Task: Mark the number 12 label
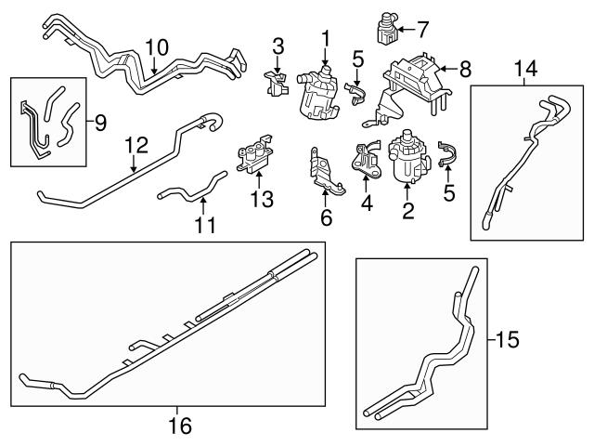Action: (136, 145)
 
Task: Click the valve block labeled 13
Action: (256, 159)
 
